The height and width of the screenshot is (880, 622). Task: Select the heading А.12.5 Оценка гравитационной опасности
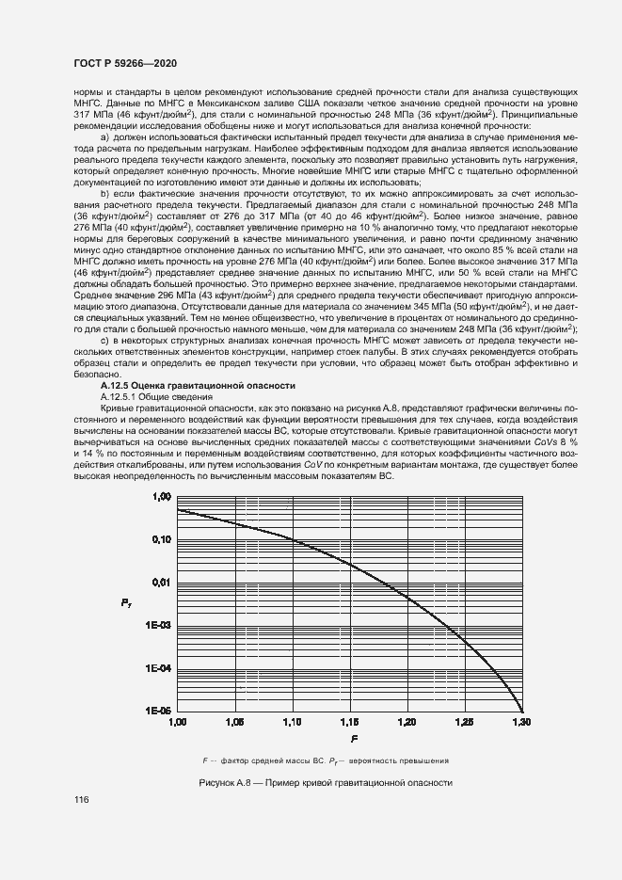click(198, 386)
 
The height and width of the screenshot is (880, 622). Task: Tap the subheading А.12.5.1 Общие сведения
click(151, 398)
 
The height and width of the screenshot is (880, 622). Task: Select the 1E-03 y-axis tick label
click(157, 625)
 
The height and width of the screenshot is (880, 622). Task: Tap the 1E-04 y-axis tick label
click(157, 668)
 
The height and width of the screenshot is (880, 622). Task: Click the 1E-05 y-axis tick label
click(157, 711)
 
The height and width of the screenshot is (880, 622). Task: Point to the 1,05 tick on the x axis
click(235, 722)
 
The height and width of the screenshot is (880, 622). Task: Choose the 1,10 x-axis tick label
click(292, 722)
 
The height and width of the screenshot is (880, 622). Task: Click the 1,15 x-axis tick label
click(349, 722)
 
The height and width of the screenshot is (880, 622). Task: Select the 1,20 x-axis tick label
click(407, 722)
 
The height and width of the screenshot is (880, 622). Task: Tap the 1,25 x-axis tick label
click(464, 722)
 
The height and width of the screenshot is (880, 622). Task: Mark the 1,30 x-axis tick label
click(520, 722)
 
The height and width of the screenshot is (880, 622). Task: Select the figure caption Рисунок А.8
click(326, 783)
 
